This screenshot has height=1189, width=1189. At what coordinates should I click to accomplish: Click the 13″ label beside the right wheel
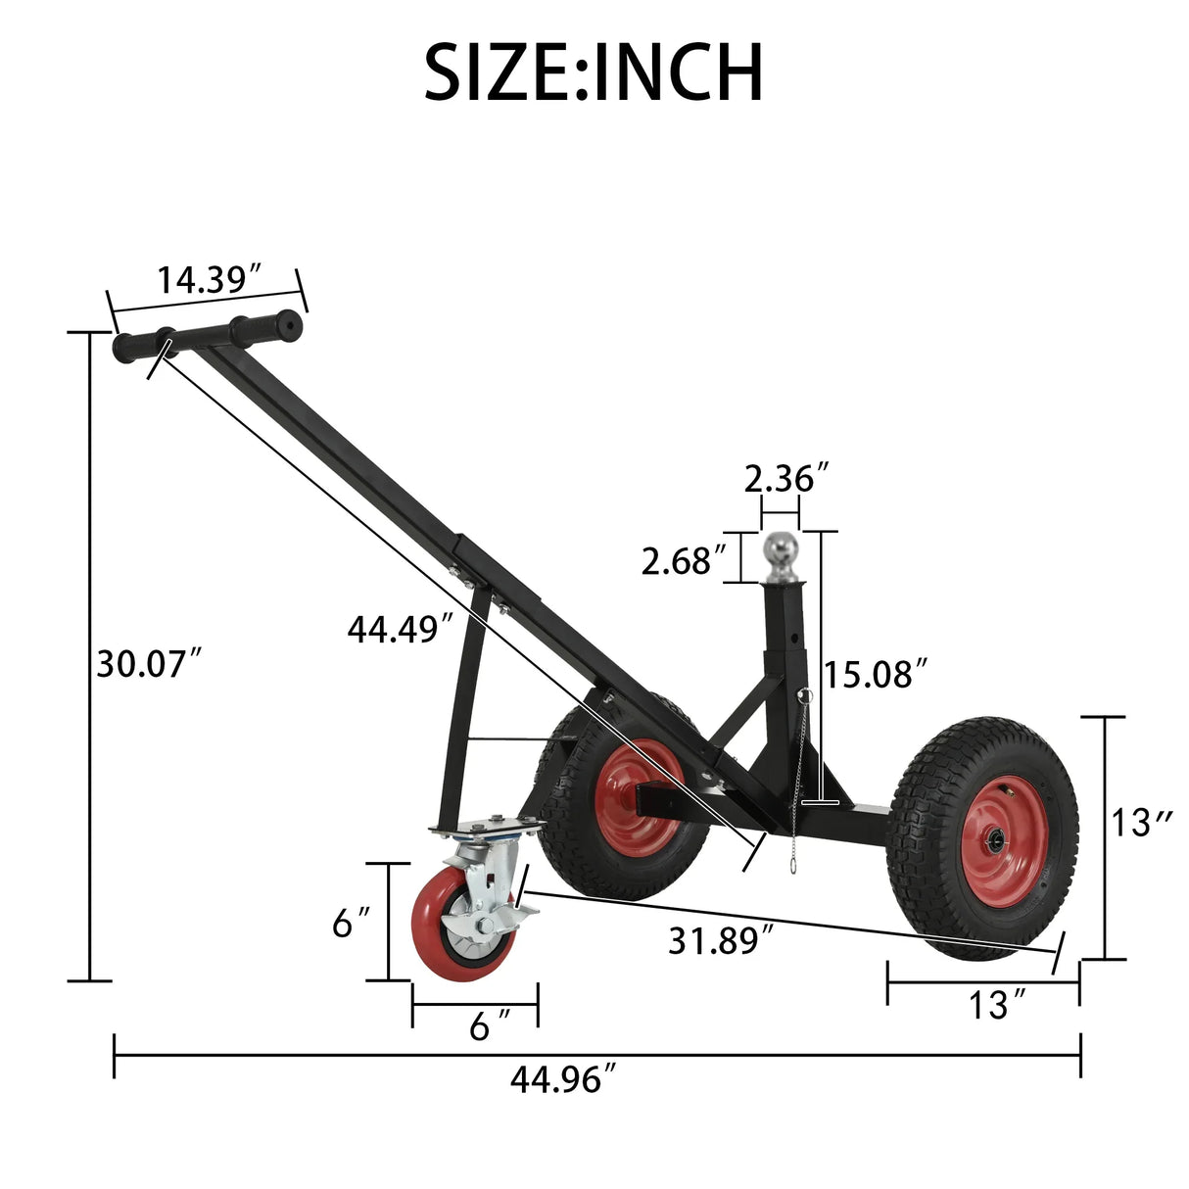1142,823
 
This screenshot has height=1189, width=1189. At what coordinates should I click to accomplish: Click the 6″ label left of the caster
351,923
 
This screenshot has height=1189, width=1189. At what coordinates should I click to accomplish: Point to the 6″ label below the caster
489,1025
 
